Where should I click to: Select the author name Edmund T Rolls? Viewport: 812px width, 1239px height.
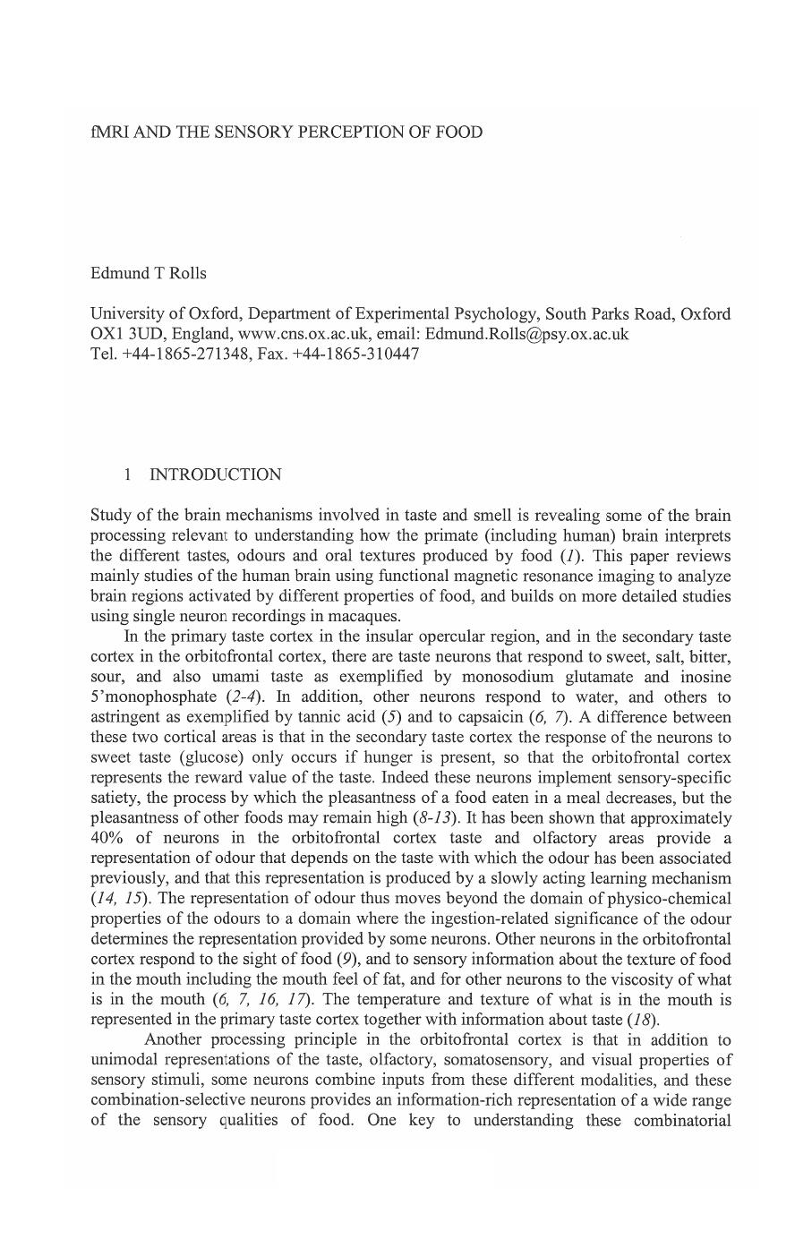148,273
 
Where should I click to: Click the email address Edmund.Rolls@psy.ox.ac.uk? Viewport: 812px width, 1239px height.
526,334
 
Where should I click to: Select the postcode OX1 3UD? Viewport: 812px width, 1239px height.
125,334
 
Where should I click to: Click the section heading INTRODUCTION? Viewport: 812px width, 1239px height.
215,474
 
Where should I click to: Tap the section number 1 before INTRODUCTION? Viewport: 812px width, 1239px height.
129,474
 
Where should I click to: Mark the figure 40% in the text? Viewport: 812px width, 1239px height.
108,839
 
